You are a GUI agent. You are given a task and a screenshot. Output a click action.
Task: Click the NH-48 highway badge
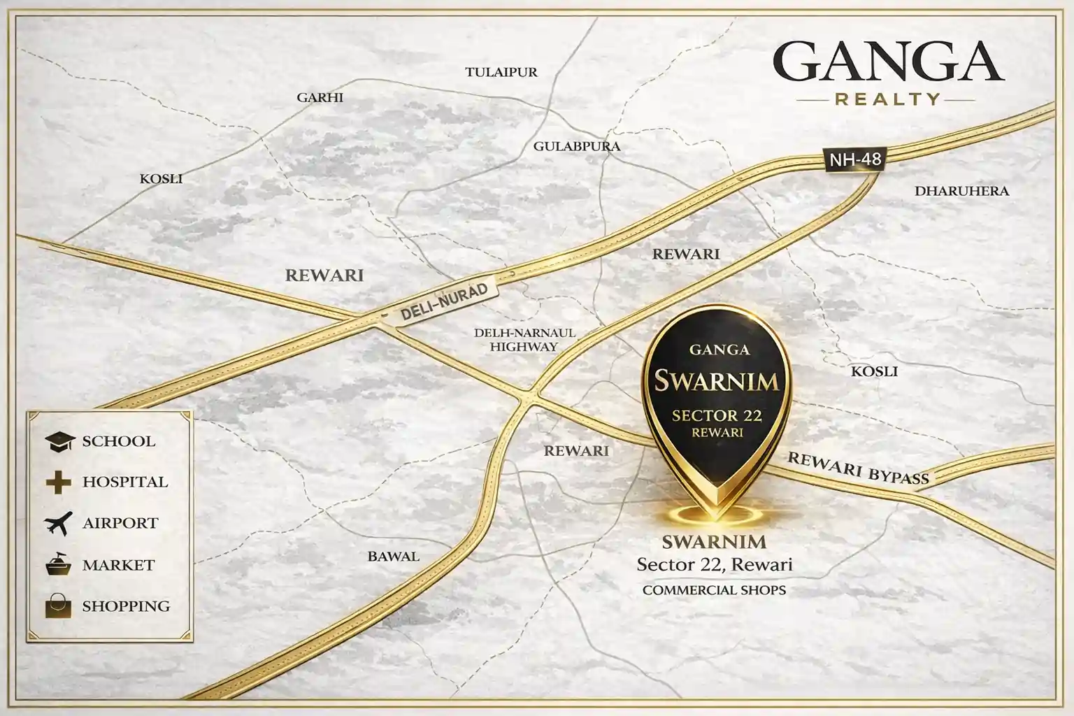tap(854, 159)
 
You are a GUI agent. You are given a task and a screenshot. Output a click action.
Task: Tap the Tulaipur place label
tap(501, 72)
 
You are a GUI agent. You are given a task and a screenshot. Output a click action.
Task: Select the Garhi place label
tap(320, 97)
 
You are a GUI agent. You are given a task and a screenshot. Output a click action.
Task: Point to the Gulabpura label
tap(576, 146)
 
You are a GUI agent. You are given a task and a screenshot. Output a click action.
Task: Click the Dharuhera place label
tap(961, 190)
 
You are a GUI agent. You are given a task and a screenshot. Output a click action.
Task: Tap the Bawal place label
tap(393, 557)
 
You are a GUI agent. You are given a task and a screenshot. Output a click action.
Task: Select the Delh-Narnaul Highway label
tap(524, 339)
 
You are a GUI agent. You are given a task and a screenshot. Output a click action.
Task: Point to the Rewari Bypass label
tap(857, 468)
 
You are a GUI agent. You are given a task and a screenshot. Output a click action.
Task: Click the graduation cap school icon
tap(59, 441)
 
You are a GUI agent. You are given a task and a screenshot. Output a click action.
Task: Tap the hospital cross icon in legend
tap(58, 482)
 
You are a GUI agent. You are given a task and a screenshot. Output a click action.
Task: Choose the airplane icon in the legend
tap(58, 523)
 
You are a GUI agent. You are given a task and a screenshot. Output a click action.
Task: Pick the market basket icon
tap(59, 564)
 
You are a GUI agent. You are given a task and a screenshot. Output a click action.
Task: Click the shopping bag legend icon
tap(59, 606)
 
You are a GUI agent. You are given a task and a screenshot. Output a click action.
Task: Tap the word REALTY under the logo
tap(887, 99)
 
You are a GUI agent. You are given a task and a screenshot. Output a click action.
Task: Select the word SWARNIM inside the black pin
tap(716, 381)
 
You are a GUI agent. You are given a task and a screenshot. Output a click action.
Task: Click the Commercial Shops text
tap(714, 590)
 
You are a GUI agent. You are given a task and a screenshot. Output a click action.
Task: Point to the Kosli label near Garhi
tap(161, 179)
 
